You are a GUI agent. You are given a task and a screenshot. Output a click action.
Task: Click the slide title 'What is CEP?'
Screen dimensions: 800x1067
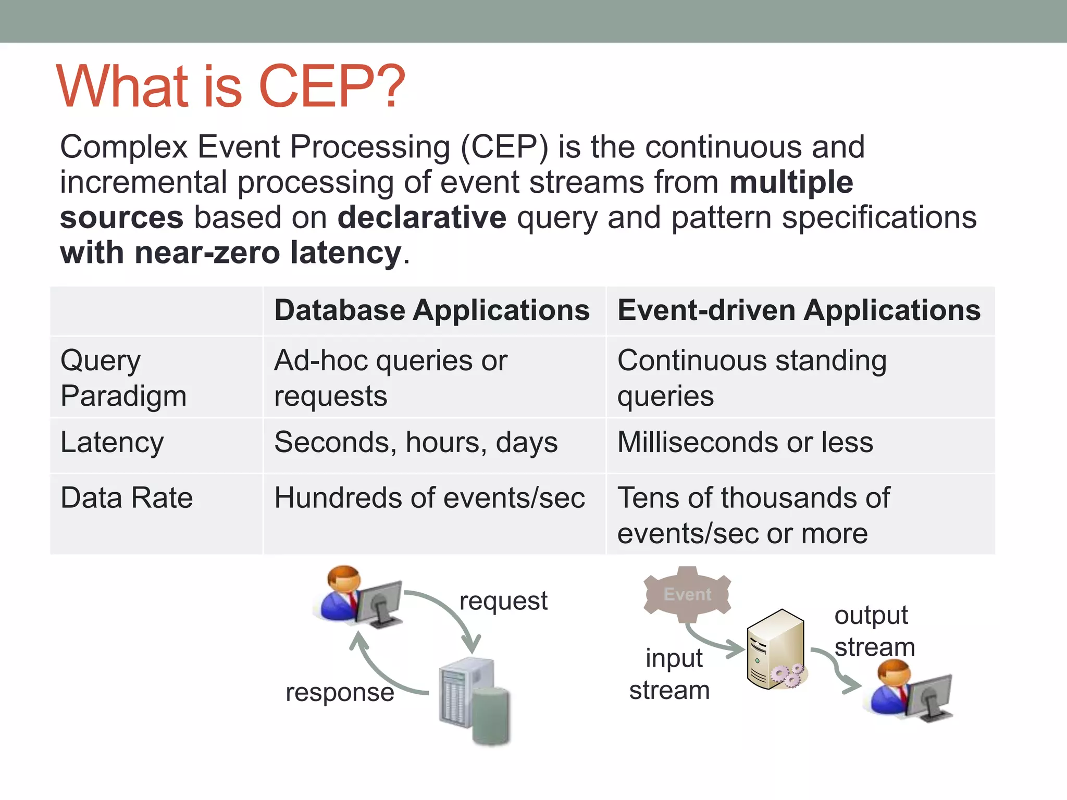tap(230, 86)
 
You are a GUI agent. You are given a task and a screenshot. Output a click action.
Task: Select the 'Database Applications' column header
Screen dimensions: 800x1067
tap(432, 310)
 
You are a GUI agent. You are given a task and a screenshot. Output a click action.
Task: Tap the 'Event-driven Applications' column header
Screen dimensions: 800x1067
tap(799, 310)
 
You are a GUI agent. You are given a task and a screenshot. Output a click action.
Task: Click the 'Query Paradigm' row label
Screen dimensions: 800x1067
tap(123, 378)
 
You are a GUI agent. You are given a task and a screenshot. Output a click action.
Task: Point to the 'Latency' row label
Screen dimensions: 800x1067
tap(112, 442)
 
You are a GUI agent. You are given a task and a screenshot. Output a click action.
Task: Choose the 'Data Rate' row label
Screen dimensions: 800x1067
tap(127, 497)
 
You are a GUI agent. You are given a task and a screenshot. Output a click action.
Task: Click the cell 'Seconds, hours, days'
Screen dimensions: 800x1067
tap(416, 442)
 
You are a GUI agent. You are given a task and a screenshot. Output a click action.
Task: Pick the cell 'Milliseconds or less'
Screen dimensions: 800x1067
tap(745, 442)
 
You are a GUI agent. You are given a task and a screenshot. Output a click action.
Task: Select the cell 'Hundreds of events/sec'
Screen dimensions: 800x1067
tap(429, 497)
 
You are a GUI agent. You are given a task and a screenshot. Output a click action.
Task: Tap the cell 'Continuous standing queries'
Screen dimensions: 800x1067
tap(751, 378)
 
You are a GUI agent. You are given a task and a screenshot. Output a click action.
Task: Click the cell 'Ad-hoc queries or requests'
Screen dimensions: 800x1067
tap(390, 378)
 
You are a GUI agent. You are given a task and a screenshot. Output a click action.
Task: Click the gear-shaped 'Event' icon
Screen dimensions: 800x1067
tap(687, 594)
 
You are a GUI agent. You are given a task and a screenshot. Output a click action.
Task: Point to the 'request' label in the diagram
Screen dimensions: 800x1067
tap(503, 601)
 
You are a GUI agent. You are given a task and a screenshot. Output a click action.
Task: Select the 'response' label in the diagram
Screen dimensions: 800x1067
tap(340, 692)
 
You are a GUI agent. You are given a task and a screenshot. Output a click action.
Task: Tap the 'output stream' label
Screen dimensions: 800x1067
tap(874, 631)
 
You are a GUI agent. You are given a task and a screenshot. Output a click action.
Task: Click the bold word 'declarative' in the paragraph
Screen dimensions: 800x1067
tap(421, 217)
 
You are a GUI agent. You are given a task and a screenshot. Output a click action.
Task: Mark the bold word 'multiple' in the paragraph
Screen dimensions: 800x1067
tap(791, 182)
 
